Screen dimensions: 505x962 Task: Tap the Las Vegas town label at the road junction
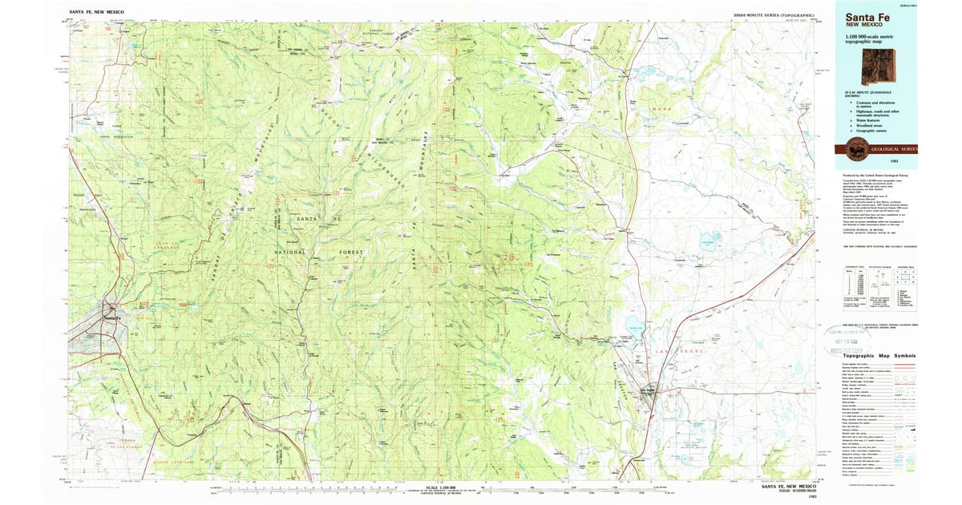(645, 390)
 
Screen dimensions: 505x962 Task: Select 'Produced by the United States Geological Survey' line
(871, 174)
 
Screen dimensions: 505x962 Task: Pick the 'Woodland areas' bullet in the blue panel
(873, 124)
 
